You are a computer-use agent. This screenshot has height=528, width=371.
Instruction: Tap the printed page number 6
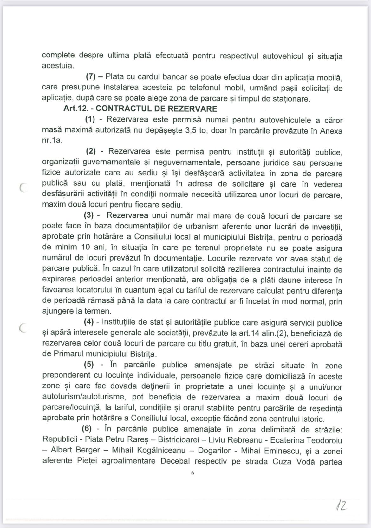point(192,473)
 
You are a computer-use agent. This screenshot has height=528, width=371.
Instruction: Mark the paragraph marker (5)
point(88,365)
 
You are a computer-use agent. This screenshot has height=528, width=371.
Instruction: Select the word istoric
point(313,419)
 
